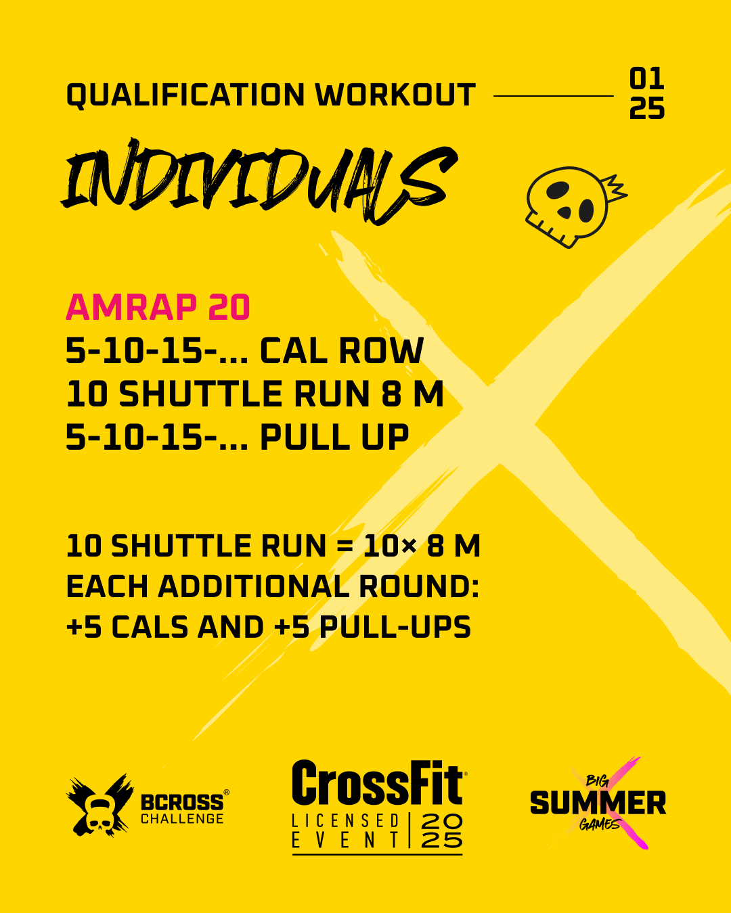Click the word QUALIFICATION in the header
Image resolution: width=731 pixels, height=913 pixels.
point(185,95)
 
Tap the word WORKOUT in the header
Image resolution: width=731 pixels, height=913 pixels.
point(395,94)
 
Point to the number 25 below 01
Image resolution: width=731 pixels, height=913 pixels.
point(646,108)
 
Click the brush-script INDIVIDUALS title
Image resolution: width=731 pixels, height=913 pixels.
point(259,181)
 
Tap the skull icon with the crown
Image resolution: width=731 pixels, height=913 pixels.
point(575,207)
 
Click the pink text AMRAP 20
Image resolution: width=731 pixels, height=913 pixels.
point(158,307)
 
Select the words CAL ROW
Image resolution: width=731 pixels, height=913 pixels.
point(342,350)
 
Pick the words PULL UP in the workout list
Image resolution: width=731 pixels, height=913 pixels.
point(334,437)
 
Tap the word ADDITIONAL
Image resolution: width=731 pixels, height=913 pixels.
point(254,587)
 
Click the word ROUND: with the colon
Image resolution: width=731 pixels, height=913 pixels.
point(420,587)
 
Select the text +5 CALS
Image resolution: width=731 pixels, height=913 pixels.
point(127,627)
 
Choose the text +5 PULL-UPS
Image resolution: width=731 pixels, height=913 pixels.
point(372,627)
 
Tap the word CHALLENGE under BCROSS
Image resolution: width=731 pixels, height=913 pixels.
point(182,818)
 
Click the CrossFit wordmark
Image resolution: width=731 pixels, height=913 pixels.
point(377,782)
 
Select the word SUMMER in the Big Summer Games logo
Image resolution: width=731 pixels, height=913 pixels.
point(598,802)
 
